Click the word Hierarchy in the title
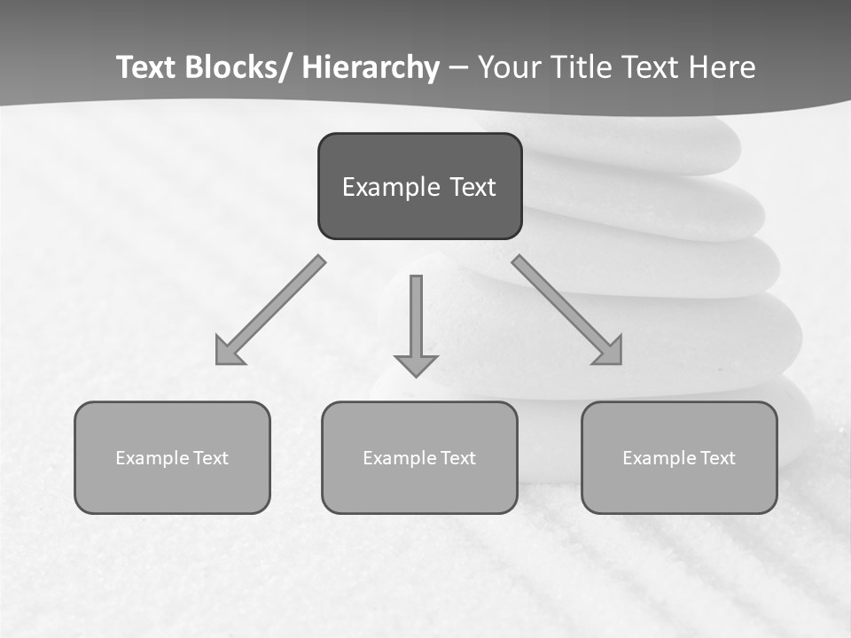click(x=371, y=68)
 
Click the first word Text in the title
click(x=147, y=68)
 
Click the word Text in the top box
click(x=472, y=188)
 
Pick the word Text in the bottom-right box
click(x=717, y=458)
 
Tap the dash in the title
click(x=459, y=68)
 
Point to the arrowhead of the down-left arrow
click(x=228, y=352)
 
